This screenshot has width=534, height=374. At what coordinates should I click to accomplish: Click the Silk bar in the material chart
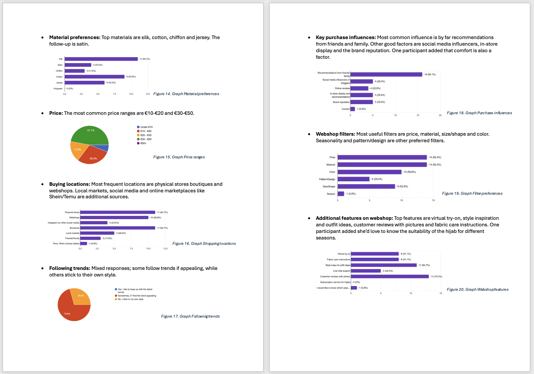click(x=101, y=59)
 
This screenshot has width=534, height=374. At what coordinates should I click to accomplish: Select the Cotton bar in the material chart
click(x=95, y=77)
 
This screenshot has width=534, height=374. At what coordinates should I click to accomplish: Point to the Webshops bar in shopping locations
click(x=114, y=217)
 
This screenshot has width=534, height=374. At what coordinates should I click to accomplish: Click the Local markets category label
click(x=72, y=233)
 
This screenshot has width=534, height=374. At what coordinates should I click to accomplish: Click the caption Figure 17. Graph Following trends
click(x=190, y=316)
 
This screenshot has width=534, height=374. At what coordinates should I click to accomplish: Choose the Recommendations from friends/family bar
click(x=386, y=75)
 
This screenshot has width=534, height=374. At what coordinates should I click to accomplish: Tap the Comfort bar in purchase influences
click(x=353, y=109)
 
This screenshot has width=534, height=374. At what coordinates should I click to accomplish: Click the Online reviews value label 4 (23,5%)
click(x=375, y=88)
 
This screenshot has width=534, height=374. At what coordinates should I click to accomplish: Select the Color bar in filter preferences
click(x=369, y=172)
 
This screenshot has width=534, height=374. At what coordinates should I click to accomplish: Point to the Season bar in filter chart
click(x=341, y=194)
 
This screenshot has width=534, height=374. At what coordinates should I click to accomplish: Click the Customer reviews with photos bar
click(x=390, y=276)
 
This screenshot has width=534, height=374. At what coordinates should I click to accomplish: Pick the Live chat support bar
click(x=366, y=271)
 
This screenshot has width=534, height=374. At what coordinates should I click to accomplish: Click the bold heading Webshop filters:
click(x=335, y=134)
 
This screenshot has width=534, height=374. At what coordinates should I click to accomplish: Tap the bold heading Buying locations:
click(x=70, y=184)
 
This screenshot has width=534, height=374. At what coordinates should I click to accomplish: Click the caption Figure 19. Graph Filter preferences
click(x=472, y=194)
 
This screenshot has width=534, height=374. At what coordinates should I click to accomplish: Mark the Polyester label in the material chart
click(x=58, y=89)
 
